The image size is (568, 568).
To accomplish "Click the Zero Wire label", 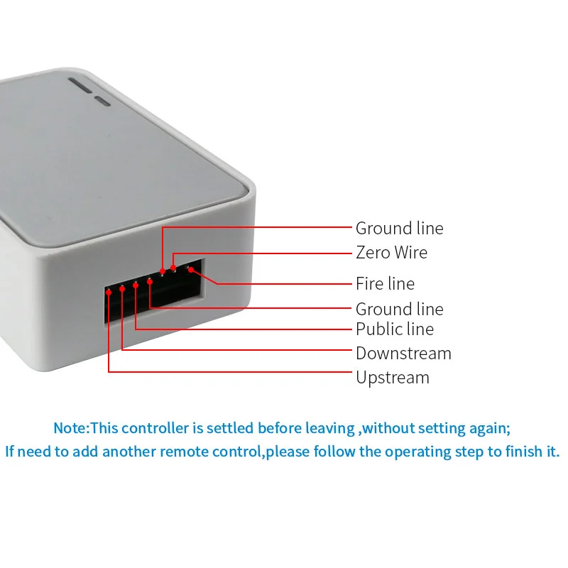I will pos(391,253).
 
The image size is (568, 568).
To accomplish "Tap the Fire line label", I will pos(385,283).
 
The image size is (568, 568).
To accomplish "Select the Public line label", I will pos(394,329).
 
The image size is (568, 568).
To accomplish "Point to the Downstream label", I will pos(403,353).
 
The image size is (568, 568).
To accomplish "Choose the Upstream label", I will pos(392,377).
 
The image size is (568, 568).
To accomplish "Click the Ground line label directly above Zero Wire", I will pos(399,228).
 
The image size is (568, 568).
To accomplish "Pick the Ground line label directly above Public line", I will pos(399,309).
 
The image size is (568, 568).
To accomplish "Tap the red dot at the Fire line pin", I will pos(190,269).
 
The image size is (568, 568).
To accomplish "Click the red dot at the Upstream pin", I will pos(109,290).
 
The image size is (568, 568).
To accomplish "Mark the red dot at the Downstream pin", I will pos(122,288).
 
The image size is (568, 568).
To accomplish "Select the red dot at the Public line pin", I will pos(136,285).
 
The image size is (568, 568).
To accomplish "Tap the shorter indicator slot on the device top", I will pos(104,102).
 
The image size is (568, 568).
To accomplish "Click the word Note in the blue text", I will pos(69,428).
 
